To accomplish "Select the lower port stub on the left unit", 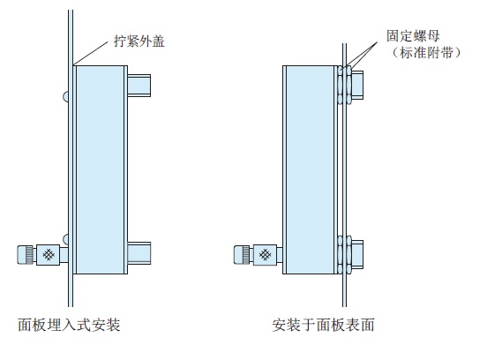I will coord(141,254).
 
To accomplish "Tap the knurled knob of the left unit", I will coord(27,255).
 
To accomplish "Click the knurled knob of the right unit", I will coord(242,255).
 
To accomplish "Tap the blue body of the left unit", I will coord(101,168).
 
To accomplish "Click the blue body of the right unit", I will coord(309,168).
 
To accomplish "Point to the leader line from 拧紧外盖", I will coord(95,51).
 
